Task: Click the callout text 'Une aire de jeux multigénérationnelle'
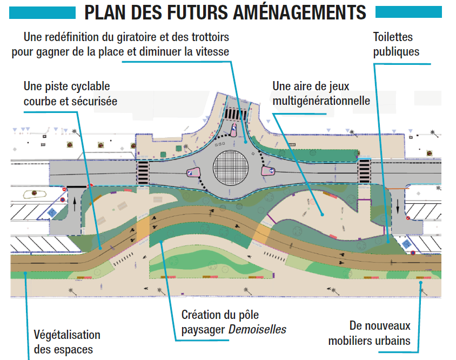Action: (x=321, y=93)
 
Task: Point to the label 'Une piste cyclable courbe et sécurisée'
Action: (x=70, y=94)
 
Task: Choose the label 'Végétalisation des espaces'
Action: (x=67, y=342)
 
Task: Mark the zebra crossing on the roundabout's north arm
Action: (x=236, y=115)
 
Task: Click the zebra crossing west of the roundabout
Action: (x=143, y=172)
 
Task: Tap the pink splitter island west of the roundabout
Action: (x=192, y=172)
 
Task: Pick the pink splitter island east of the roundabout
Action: (x=269, y=171)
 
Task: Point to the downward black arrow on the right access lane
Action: (x=397, y=207)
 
